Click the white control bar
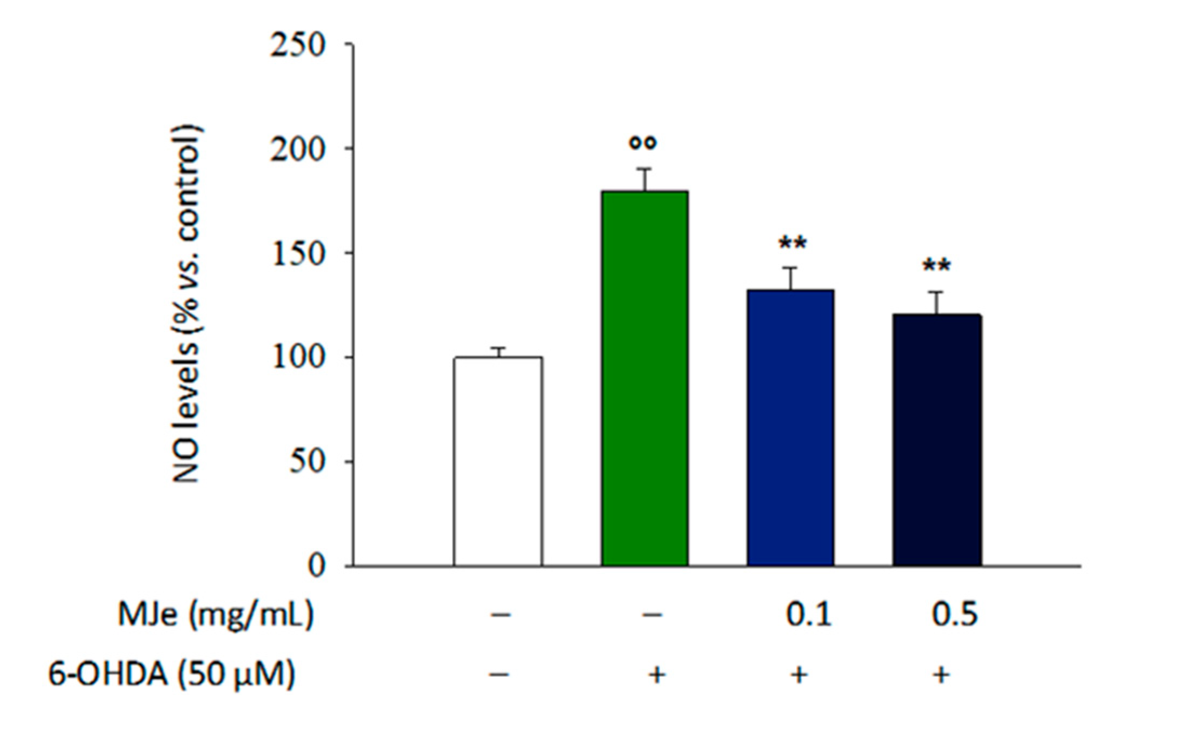coord(498,462)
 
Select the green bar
coord(644,378)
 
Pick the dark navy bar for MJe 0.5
coord(937,440)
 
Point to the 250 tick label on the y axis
coord(298,44)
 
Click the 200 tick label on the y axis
coord(298,149)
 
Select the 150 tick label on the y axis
coord(298,254)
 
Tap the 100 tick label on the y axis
coord(298,358)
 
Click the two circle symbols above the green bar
coord(643,143)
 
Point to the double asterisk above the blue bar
coord(792,243)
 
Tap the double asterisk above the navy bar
coord(936,266)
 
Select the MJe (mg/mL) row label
coord(215,615)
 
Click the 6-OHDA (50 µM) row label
coord(172,674)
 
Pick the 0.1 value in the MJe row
coord(808,615)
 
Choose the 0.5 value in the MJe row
coord(954,615)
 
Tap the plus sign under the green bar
coord(656,675)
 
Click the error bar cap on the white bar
coord(498,348)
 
